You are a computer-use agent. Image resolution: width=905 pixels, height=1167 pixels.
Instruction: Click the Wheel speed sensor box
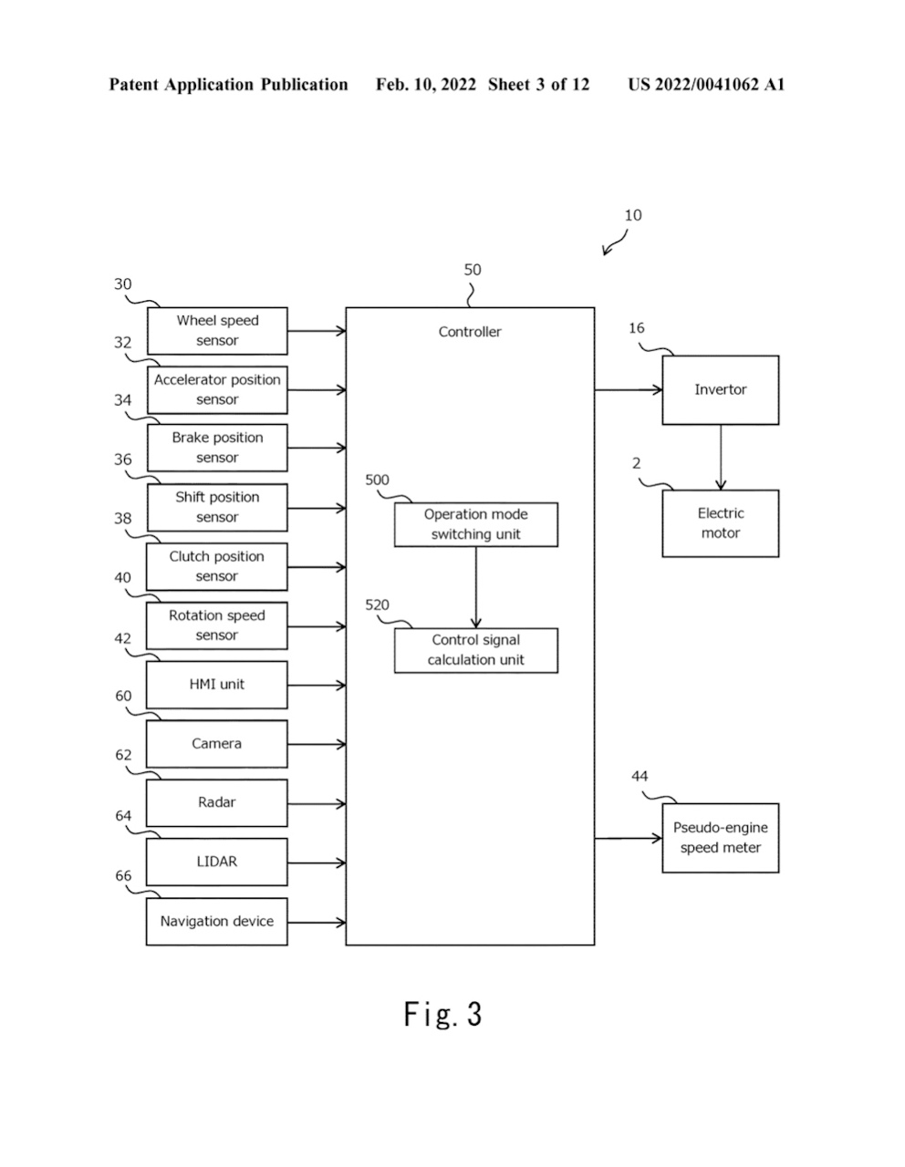pyautogui.click(x=217, y=331)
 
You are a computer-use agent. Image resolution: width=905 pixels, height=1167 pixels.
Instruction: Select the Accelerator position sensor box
pyautogui.click(x=217, y=390)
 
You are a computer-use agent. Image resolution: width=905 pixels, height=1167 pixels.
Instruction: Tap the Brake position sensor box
pyautogui.click(x=217, y=448)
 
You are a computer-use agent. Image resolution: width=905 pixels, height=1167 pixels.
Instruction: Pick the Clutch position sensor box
pyautogui.click(x=217, y=566)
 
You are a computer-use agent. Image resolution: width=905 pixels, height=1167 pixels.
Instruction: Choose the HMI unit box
pyautogui.click(x=217, y=685)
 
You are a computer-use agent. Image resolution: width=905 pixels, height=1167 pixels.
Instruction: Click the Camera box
pyautogui.click(x=217, y=744)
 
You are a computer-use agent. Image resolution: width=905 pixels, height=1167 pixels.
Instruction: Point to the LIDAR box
pyautogui.click(x=217, y=862)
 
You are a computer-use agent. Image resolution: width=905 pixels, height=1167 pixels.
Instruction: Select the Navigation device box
pyautogui.click(x=217, y=922)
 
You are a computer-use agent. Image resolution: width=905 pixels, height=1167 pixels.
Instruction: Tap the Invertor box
pyautogui.click(x=720, y=390)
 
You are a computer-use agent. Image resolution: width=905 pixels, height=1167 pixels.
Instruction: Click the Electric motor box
pyautogui.click(x=720, y=523)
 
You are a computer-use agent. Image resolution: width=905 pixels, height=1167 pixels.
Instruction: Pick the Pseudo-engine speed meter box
pyautogui.click(x=720, y=838)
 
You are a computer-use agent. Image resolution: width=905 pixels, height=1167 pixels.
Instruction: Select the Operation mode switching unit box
pyautogui.click(x=475, y=525)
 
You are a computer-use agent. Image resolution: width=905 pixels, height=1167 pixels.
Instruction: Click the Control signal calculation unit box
pyautogui.click(x=475, y=650)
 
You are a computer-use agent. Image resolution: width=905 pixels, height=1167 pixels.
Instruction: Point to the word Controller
pyautogui.click(x=470, y=332)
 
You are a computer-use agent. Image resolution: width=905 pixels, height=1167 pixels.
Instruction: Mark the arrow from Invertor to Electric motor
pyautogui.click(x=721, y=457)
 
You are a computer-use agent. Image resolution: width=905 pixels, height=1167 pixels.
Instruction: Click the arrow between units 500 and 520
pyautogui.click(x=475, y=587)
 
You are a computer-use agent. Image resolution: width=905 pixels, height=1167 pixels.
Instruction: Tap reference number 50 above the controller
pyautogui.click(x=473, y=270)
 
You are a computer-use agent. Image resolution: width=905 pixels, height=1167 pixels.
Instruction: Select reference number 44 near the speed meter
pyautogui.click(x=640, y=777)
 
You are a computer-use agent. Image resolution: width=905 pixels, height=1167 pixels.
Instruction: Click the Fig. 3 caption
pyautogui.click(x=443, y=1014)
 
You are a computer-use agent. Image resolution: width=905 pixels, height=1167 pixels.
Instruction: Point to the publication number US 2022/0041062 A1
pyautogui.click(x=706, y=85)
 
